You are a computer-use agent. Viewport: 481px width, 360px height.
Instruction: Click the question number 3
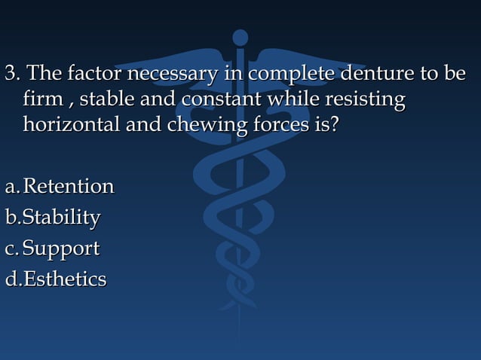[11, 75]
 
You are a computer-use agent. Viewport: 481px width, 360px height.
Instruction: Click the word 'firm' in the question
[39, 99]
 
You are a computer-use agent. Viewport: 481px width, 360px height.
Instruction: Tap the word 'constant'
[213, 99]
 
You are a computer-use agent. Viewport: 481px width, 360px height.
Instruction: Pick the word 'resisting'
[365, 99]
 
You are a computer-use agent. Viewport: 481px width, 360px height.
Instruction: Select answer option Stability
[61, 217]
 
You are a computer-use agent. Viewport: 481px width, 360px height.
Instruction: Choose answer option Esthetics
[64, 279]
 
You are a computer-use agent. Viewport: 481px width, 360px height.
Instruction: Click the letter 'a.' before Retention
[11, 186]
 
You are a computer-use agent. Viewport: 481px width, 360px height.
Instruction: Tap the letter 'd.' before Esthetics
[12, 279]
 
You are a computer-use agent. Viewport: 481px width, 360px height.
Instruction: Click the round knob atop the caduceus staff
[240, 36]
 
